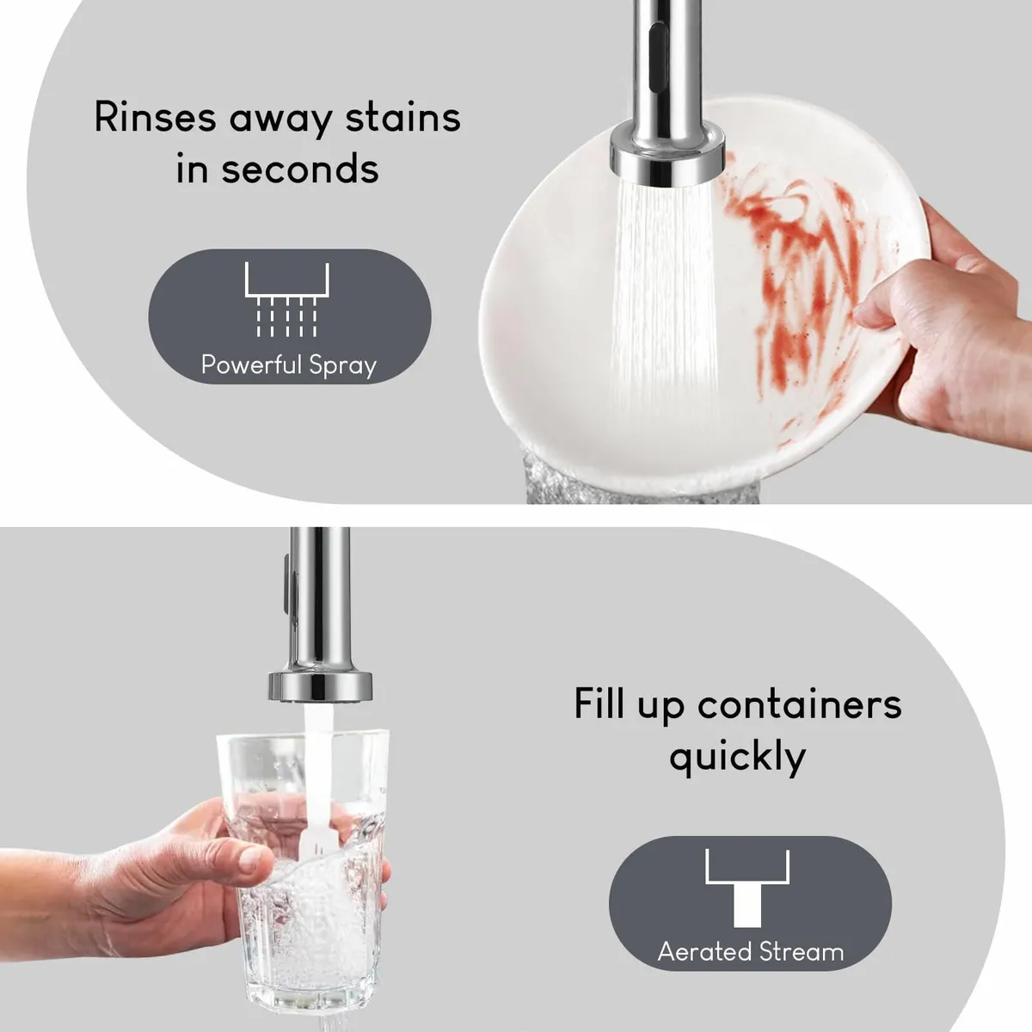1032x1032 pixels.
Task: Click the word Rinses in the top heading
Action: [x=155, y=117]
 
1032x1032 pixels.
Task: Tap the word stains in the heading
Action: [x=402, y=117]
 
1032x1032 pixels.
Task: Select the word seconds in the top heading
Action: [x=300, y=169]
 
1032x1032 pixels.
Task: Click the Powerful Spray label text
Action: [x=289, y=365]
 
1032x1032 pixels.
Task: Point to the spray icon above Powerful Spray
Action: [x=287, y=299]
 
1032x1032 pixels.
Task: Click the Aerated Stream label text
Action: [x=750, y=952]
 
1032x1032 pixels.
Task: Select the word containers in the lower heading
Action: [x=800, y=704]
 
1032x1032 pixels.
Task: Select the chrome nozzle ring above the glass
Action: [x=320, y=686]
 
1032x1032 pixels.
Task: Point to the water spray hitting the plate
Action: [x=664, y=300]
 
